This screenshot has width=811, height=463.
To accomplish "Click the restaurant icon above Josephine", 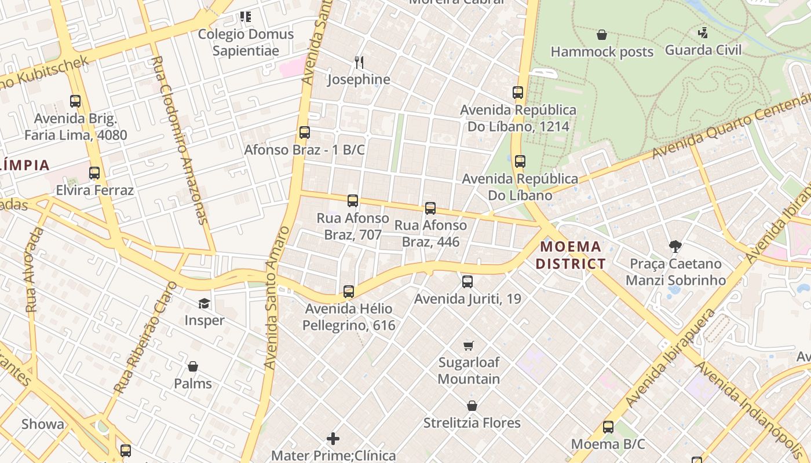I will [359, 62].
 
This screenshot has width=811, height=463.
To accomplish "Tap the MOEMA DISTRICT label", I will [571, 255].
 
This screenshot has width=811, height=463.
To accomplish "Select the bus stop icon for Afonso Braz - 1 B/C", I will [305, 133].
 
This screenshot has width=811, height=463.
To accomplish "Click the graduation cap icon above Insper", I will [204, 303].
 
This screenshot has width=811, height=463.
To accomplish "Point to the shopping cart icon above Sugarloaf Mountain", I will [469, 346].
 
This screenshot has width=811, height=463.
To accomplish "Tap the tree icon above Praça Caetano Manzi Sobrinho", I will [675, 247].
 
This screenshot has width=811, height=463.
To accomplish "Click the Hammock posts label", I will [602, 52].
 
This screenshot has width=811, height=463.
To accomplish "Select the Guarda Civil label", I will [703, 50].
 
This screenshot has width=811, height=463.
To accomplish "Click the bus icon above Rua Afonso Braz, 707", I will [352, 201].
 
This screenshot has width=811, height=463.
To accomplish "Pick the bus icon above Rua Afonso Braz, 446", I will [430, 208].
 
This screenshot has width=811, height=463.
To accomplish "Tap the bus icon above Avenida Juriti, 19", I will [467, 282].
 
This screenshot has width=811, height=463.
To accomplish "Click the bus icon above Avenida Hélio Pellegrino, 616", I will [348, 292].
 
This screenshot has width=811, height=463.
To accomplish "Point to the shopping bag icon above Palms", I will [193, 366].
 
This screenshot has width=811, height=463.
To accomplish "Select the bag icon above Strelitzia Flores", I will [472, 406].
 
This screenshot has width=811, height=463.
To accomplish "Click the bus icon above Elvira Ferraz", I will [94, 173].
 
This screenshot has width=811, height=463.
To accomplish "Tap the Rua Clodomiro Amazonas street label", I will [182, 139].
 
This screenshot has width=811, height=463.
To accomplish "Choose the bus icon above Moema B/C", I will [608, 427].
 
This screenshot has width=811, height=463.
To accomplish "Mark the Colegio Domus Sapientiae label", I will [246, 42].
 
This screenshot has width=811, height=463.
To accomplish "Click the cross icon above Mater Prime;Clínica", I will [333, 439].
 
